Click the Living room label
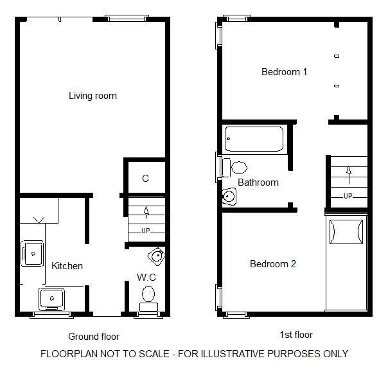(93, 96)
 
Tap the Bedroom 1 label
(284, 72)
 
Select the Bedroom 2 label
(273, 263)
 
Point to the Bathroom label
(258, 182)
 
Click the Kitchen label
(67, 265)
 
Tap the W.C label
(146, 277)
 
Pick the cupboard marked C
(145, 179)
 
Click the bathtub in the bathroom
(254, 139)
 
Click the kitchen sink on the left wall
(31, 252)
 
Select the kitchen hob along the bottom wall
(51, 298)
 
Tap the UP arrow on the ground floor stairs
(146, 211)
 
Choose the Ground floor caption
(94, 336)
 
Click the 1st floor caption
(296, 335)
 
